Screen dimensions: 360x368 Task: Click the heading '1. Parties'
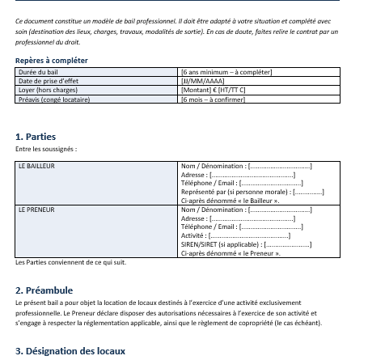pos(36,137)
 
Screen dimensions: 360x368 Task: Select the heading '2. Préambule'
pos(44,290)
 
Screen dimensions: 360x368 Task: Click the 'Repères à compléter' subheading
pos(52,61)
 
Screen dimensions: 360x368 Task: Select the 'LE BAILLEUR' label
pos(36,166)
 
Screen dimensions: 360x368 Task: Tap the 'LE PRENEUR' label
pos(36,210)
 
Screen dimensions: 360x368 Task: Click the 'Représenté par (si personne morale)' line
pos(252,192)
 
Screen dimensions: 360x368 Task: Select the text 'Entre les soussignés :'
pos(46,149)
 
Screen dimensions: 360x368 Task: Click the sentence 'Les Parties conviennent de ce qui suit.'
pos(71,262)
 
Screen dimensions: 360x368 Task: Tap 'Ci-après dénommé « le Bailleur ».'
pos(231,201)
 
